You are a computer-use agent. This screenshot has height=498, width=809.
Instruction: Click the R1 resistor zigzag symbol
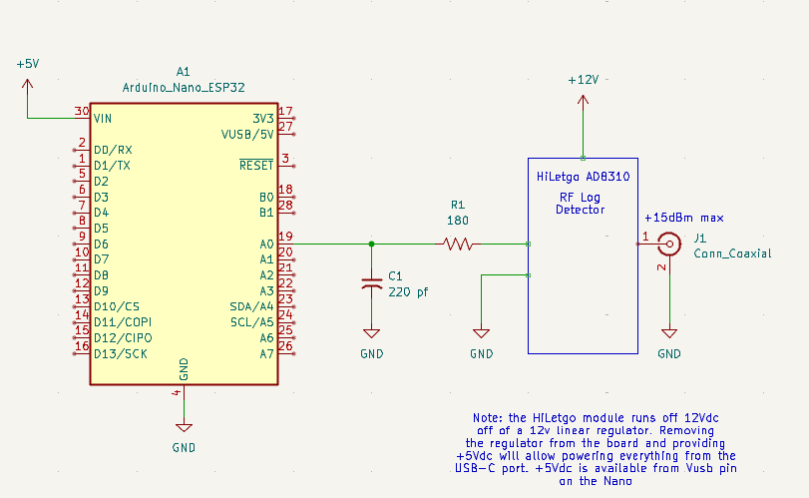pyautogui.click(x=458, y=244)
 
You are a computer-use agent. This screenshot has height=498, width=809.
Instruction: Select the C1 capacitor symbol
pyautogui.click(x=371, y=283)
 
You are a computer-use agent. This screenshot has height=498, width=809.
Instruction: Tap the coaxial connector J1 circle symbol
pyautogui.click(x=669, y=244)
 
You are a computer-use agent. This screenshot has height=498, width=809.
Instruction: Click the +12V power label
pyautogui.click(x=583, y=80)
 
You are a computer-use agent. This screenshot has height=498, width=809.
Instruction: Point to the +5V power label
pyautogui.click(x=28, y=64)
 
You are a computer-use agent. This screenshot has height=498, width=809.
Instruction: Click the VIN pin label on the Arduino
pyautogui.click(x=103, y=119)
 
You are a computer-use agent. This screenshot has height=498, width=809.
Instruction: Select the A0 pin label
pyautogui.click(x=266, y=245)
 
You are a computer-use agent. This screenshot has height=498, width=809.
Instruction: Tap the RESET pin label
pyautogui.click(x=256, y=165)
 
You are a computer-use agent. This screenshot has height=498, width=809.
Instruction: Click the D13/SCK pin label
pyautogui.click(x=121, y=354)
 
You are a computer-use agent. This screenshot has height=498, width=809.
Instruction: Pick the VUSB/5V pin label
pyautogui.click(x=247, y=134)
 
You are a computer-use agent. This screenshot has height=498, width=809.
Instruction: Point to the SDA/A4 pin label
pyautogui.click(x=251, y=306)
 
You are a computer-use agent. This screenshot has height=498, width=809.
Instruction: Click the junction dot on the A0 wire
pyautogui.click(x=371, y=244)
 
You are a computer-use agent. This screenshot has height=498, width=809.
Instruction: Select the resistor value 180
pyautogui.click(x=458, y=221)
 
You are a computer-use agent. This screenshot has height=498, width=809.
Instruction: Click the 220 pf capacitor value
pyautogui.click(x=408, y=292)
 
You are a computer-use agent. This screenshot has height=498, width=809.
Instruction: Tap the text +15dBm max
pyautogui.click(x=684, y=218)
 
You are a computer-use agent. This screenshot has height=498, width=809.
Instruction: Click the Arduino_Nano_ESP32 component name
pyautogui.click(x=184, y=88)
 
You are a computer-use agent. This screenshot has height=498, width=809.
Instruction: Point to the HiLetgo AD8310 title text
pyautogui.click(x=583, y=177)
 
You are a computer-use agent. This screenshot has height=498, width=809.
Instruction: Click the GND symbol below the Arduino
pyautogui.click(x=184, y=428)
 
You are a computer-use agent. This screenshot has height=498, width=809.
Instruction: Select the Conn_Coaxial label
pyautogui.click(x=732, y=253)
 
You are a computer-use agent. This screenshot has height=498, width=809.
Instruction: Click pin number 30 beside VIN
pyautogui.click(x=82, y=111)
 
